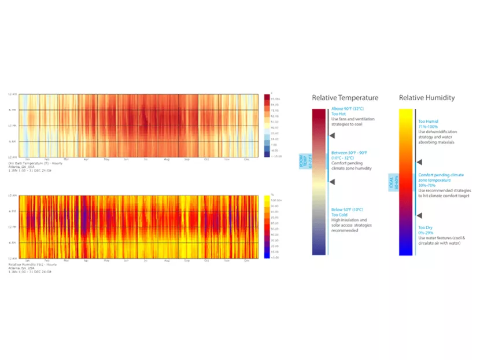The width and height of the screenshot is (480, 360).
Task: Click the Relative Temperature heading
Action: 345,98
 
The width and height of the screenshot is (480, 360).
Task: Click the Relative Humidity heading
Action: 427,98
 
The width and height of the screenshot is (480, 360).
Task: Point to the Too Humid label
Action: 429,121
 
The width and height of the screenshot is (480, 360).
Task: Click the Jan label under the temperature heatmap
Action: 27,159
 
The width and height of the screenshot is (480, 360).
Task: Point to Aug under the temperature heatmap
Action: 167,159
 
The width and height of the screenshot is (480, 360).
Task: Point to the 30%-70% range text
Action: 431,185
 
